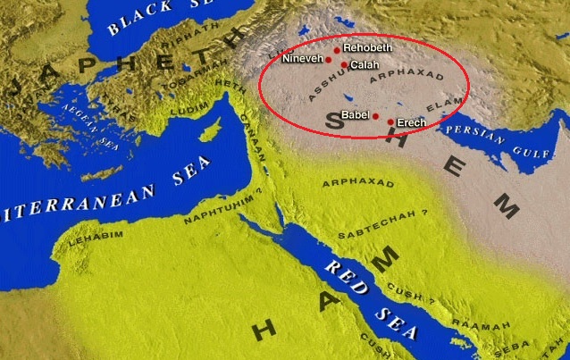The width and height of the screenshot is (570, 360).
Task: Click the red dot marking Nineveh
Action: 329,60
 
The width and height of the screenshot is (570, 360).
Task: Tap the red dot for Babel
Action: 376,116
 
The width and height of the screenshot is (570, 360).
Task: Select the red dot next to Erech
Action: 390,121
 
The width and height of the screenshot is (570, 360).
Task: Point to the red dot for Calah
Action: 344,65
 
